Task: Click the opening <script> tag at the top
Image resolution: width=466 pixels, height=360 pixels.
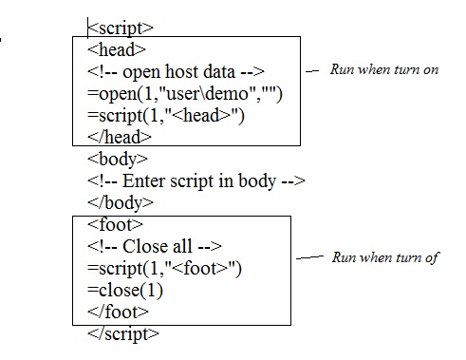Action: point(121,28)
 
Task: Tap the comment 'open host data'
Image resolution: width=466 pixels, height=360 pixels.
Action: point(177,71)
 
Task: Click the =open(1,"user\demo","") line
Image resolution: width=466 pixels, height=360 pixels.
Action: point(178,93)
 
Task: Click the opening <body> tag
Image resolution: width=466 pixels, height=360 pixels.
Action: point(118,159)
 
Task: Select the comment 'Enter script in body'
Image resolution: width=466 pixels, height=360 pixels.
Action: point(196,180)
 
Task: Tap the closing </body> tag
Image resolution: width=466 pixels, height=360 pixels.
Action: point(121,201)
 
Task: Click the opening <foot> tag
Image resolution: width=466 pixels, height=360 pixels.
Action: point(114,224)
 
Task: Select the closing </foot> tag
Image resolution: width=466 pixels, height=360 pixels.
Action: point(118,312)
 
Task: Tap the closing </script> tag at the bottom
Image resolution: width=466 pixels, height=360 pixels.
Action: point(123,333)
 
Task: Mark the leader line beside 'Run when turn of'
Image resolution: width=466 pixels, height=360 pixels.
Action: point(309,257)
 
